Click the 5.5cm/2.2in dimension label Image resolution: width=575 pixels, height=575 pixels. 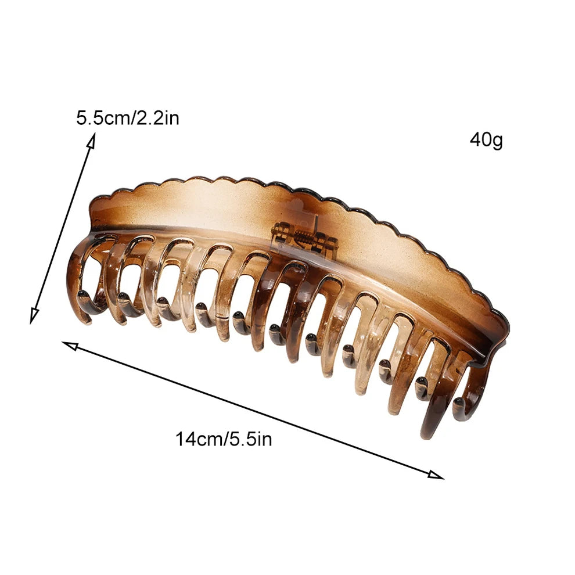coord(128,118)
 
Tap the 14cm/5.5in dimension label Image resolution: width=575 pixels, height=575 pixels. coord(224,439)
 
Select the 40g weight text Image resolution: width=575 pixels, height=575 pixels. coord(486,140)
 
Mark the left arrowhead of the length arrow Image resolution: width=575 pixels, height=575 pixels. coord(70,346)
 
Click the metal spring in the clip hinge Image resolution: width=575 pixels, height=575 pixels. coord(304,241)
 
